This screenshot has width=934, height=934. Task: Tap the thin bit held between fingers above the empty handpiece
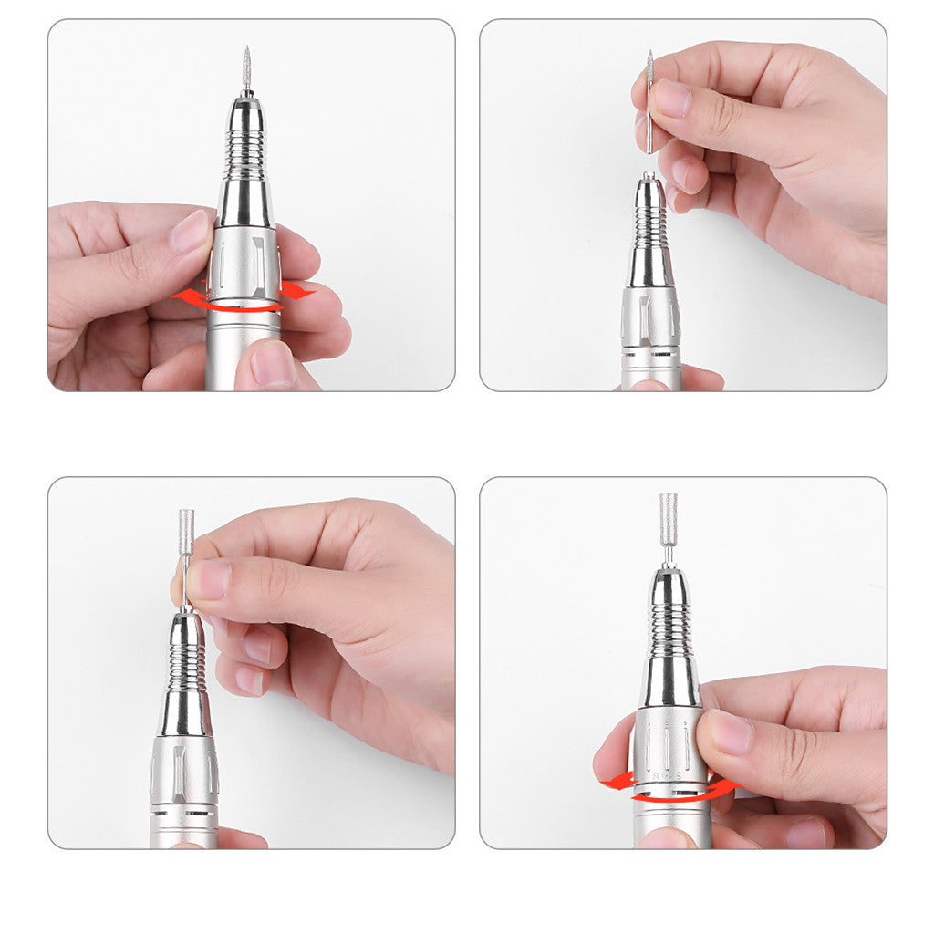[x=649, y=100]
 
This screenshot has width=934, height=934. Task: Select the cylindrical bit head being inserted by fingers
[x=186, y=531]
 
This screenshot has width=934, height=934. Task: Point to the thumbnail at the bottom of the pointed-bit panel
[x=273, y=363]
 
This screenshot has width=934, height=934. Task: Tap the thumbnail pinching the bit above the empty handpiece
[x=673, y=99]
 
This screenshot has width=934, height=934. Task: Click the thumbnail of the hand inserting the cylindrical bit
[x=209, y=580]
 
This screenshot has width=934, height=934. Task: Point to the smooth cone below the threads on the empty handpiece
[x=649, y=269]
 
